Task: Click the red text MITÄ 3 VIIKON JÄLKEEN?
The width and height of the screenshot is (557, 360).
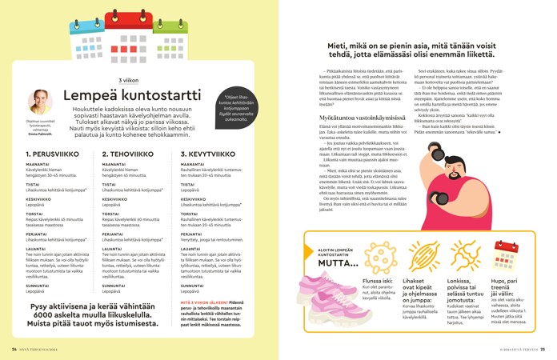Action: tap(204, 303)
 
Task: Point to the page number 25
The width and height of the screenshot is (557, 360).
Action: tap(542, 349)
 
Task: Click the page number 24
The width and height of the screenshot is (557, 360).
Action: tap(14, 349)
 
